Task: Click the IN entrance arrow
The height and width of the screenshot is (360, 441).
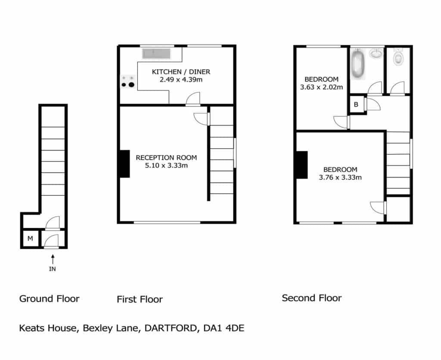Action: [53, 259]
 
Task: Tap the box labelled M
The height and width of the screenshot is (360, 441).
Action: [31, 239]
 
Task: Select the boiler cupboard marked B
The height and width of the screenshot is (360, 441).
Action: [356, 104]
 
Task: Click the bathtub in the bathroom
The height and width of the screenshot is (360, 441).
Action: [358, 63]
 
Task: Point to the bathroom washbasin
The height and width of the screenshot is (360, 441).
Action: [376, 53]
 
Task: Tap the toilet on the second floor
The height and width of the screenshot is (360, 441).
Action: [398, 57]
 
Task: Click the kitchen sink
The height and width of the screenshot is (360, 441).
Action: [156, 53]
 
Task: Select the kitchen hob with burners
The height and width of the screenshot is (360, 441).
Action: [128, 81]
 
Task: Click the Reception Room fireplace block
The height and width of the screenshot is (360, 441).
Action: [125, 164]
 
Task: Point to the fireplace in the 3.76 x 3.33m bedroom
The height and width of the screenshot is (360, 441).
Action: [302, 165]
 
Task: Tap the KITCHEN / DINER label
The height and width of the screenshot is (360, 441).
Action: [181, 72]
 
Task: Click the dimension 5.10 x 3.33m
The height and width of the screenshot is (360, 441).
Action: [166, 166]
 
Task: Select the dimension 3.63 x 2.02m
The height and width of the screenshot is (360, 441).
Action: [321, 87]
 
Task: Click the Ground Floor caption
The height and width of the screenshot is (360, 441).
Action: [49, 299]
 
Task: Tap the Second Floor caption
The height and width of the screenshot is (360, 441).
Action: [312, 298]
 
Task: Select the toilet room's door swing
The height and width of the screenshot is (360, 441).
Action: [397, 88]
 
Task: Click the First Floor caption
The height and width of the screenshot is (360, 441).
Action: [140, 299]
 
